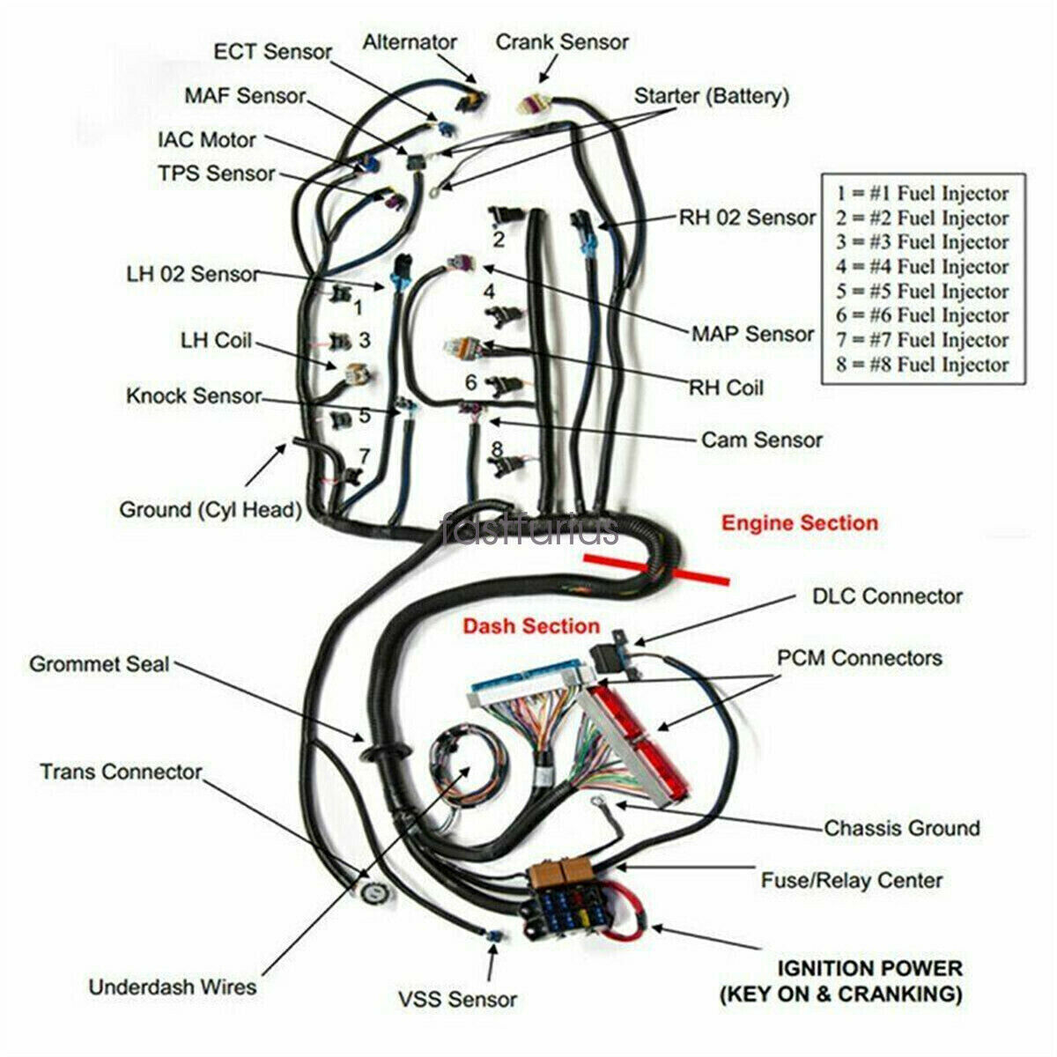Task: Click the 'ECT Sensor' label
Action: [x=272, y=51]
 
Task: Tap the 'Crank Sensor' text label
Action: [x=562, y=41]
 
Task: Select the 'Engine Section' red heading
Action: [x=800, y=523]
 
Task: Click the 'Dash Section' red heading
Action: [x=531, y=626]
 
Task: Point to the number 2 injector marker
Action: [x=499, y=239]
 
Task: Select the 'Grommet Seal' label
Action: [x=100, y=663]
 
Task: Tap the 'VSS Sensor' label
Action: [x=456, y=1000]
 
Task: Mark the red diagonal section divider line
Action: [x=656, y=569]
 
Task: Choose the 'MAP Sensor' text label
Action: [x=752, y=334]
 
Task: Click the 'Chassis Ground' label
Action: [x=901, y=828]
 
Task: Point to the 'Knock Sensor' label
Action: [x=194, y=395]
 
